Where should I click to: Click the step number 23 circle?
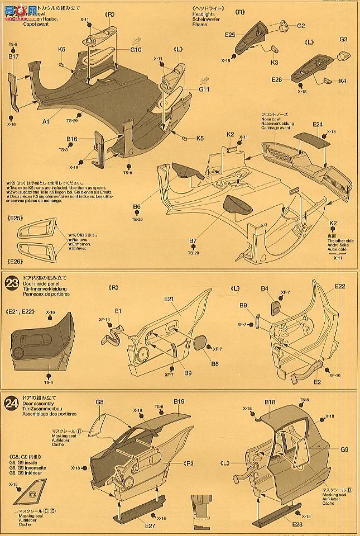pyautogui.click(x=12, y=283)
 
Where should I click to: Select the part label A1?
pyautogui.click(x=46, y=120)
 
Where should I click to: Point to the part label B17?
pyautogui.click(x=14, y=56)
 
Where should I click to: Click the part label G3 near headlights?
pyautogui.click(x=343, y=40)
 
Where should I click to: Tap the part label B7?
pyautogui.click(x=193, y=240)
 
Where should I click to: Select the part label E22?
pyautogui.click(x=340, y=286)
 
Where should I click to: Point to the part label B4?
pyautogui.click(x=265, y=288)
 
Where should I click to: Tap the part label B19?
pyautogui.click(x=179, y=401)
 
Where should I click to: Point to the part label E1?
pyautogui.click(x=118, y=310)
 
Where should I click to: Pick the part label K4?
pyautogui.click(x=342, y=81)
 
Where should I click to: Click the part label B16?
pyautogui.click(x=71, y=139)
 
